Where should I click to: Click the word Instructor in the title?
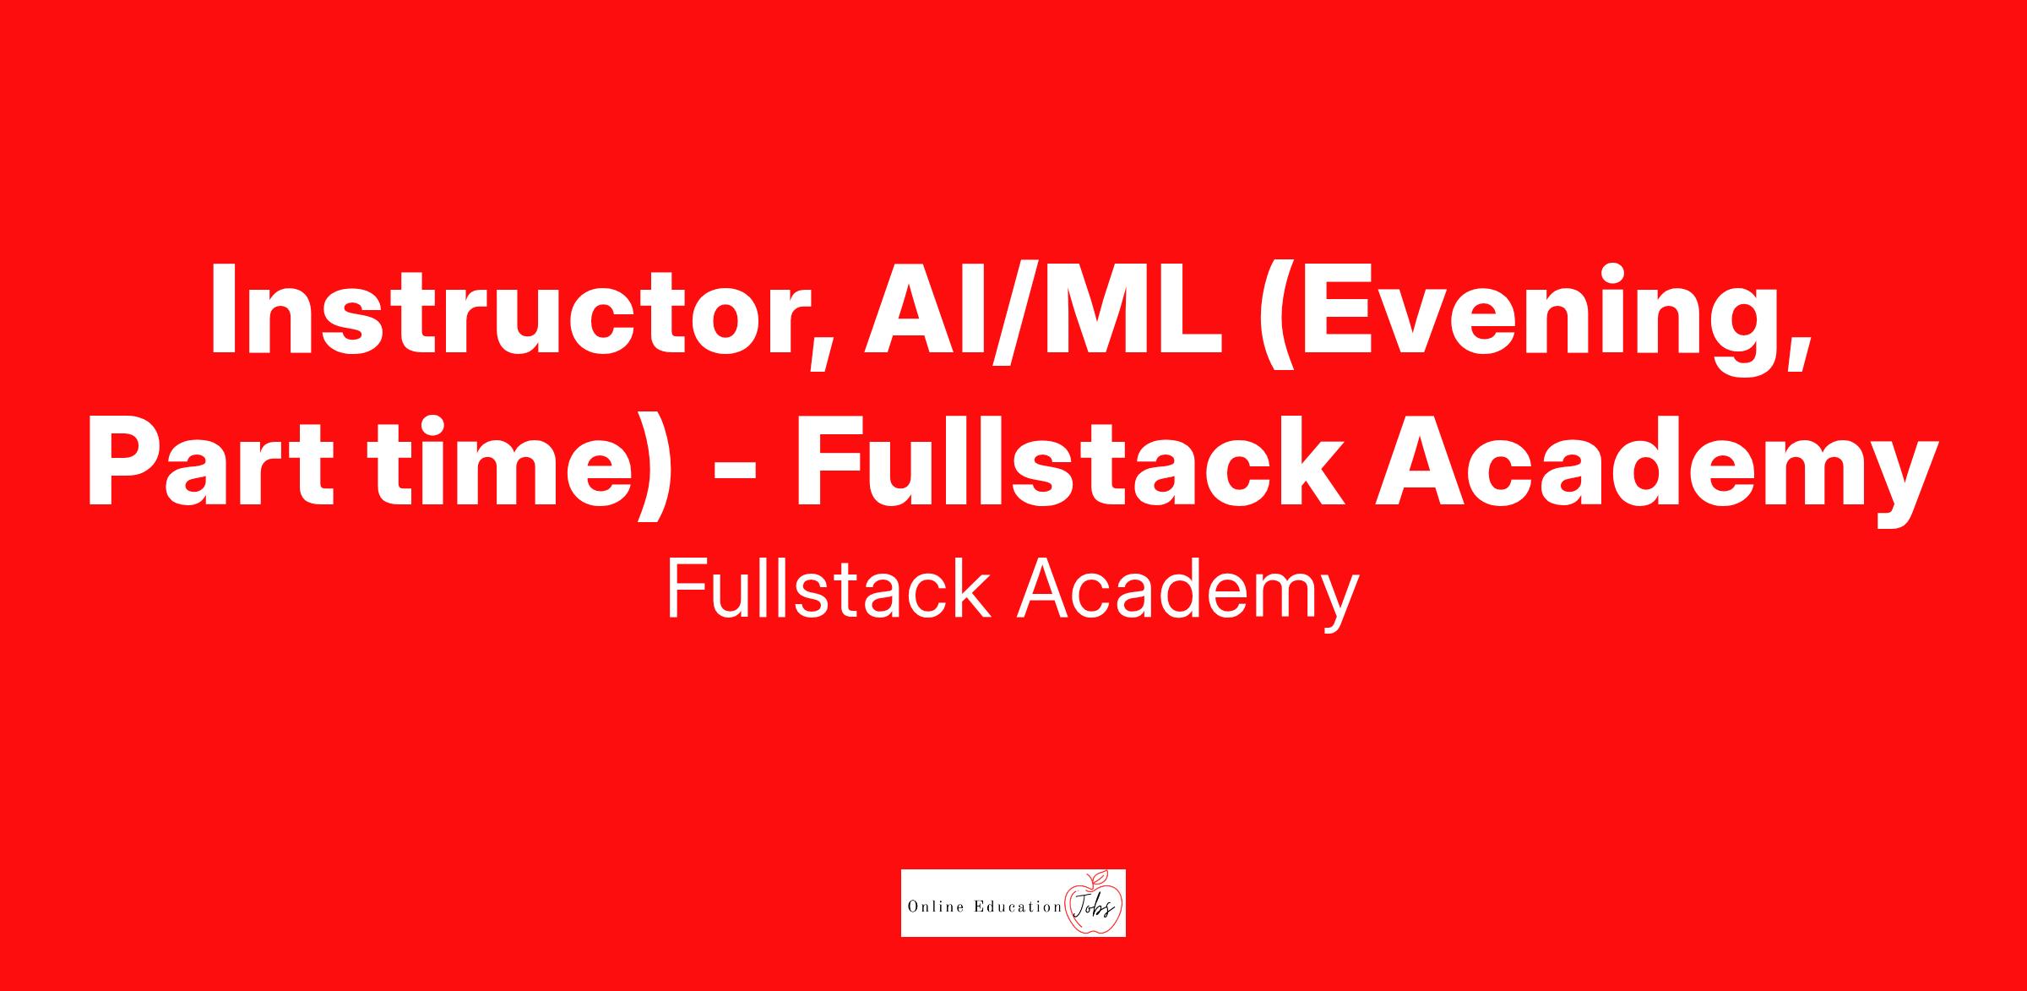pos(508,310)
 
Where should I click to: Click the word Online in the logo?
pos(934,907)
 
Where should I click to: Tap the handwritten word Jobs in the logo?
pos(1093,907)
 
